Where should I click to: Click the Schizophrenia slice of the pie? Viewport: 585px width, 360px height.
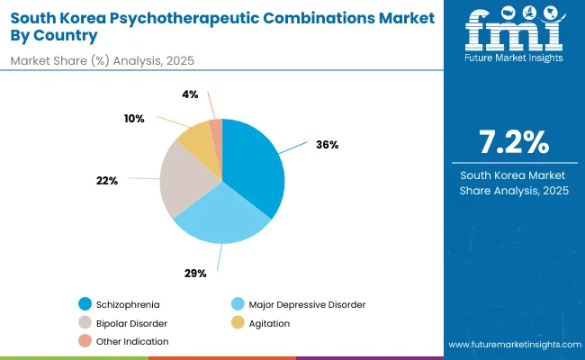(254, 166)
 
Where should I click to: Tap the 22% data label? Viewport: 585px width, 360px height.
(107, 181)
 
